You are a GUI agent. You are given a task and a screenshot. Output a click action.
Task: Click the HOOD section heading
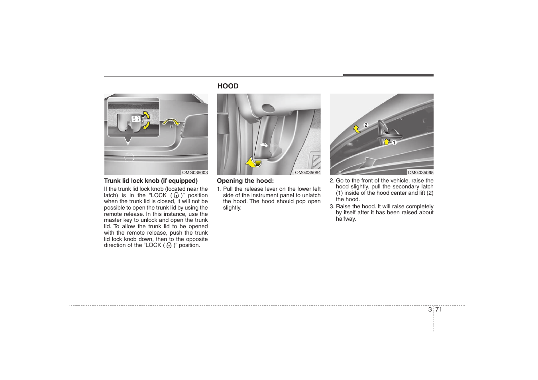pyautogui.click(x=228, y=86)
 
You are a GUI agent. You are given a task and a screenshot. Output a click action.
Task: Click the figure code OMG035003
pyautogui.click(x=195, y=172)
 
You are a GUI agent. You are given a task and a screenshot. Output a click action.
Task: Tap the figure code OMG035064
pyautogui.click(x=308, y=172)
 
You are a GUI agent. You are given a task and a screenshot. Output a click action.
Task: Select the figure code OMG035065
pyautogui.click(x=420, y=172)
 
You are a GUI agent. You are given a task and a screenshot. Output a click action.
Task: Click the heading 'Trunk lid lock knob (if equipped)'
pyautogui.click(x=151, y=181)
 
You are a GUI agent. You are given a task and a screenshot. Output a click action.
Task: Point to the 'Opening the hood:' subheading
pyautogui.click(x=245, y=181)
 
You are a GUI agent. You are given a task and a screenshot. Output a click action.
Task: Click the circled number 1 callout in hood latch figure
pyautogui.click(x=394, y=143)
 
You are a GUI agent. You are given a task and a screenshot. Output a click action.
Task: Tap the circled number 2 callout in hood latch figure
pyautogui.click(x=366, y=125)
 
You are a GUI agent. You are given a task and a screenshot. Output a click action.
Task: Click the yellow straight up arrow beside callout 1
pyautogui.click(x=386, y=141)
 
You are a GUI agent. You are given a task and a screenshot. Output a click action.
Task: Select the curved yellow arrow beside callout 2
pyautogui.click(x=357, y=129)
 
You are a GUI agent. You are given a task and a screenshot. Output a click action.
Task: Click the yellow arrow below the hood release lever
pyautogui.click(x=253, y=163)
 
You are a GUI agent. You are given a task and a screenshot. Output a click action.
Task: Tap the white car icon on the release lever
pyautogui.click(x=263, y=146)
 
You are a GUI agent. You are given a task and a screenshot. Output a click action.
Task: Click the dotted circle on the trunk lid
pyautogui.click(x=129, y=157)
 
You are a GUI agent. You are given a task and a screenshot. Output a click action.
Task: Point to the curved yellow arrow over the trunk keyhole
pyautogui.click(x=171, y=121)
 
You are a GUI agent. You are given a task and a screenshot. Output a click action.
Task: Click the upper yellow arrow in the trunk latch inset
pyautogui.click(x=147, y=116)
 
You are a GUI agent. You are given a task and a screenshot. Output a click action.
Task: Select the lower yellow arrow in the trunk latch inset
pyautogui.click(x=146, y=125)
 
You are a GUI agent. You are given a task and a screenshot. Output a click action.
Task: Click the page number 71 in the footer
pyautogui.click(x=439, y=309)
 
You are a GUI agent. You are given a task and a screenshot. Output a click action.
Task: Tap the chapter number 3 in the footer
pyautogui.click(x=430, y=309)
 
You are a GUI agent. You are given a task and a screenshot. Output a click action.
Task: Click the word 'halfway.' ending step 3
pyautogui.click(x=346, y=219)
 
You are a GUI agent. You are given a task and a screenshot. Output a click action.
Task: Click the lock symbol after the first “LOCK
pyautogui.click(x=176, y=196)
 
